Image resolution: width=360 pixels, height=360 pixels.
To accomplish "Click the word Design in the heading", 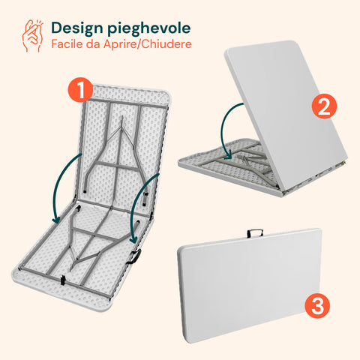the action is pyautogui.click(x=77, y=28).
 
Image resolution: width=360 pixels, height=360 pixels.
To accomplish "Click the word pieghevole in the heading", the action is pyautogui.click(x=149, y=28).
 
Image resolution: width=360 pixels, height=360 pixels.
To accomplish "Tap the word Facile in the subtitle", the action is pyautogui.click(x=67, y=44).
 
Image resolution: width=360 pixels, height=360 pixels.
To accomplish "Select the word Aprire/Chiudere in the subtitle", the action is pyautogui.click(x=148, y=44).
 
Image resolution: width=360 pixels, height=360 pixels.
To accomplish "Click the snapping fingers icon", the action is pyautogui.click(x=32, y=35).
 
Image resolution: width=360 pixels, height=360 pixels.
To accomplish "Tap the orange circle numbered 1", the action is pyautogui.click(x=80, y=89).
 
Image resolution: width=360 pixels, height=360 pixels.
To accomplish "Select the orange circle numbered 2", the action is pyautogui.click(x=324, y=106).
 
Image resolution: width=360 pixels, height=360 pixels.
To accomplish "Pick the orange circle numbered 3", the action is pyautogui.click(x=317, y=306).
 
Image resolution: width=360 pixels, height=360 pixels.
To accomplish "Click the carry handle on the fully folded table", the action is pyautogui.click(x=255, y=233).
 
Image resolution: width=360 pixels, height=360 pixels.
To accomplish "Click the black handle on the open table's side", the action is pyautogui.click(x=135, y=256).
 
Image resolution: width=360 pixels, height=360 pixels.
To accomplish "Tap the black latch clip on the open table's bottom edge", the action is pyautogui.click(x=63, y=280).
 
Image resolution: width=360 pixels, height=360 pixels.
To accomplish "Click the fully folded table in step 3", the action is pyautogui.click(x=250, y=285).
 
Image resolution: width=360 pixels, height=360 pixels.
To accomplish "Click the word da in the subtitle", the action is pyautogui.click(x=93, y=44).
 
